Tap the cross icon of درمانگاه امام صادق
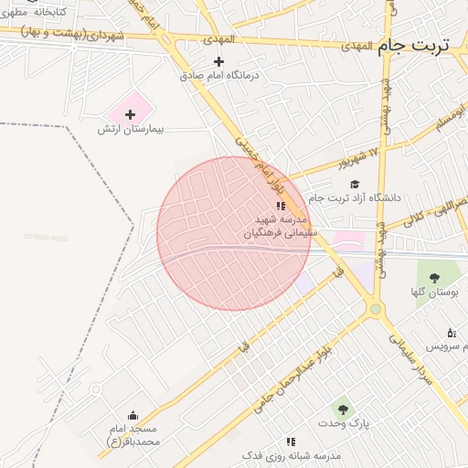218,61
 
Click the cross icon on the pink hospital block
130,114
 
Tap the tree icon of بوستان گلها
434,277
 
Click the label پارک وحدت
345,424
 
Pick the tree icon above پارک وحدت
343,409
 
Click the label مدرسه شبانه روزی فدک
291,455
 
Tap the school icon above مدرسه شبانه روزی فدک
291,441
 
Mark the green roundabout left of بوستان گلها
375,310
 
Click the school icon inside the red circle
280,207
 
